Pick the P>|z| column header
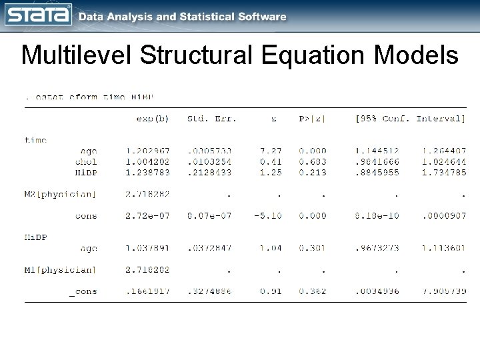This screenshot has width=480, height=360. click(x=313, y=119)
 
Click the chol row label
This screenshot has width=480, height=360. click(x=85, y=161)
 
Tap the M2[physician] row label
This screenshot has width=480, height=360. click(x=61, y=194)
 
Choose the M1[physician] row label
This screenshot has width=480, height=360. click(x=61, y=269)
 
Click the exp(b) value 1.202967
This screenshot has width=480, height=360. click(x=147, y=151)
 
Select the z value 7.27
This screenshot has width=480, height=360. click(x=270, y=151)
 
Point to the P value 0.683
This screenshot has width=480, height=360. click(x=313, y=161)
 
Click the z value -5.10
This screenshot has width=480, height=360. click(x=268, y=215)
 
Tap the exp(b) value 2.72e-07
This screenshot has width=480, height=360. click(x=147, y=215)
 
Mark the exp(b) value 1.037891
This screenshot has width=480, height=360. click(x=147, y=248)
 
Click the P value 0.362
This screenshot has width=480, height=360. click(x=313, y=291)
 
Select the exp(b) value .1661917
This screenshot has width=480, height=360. click(x=147, y=291)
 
